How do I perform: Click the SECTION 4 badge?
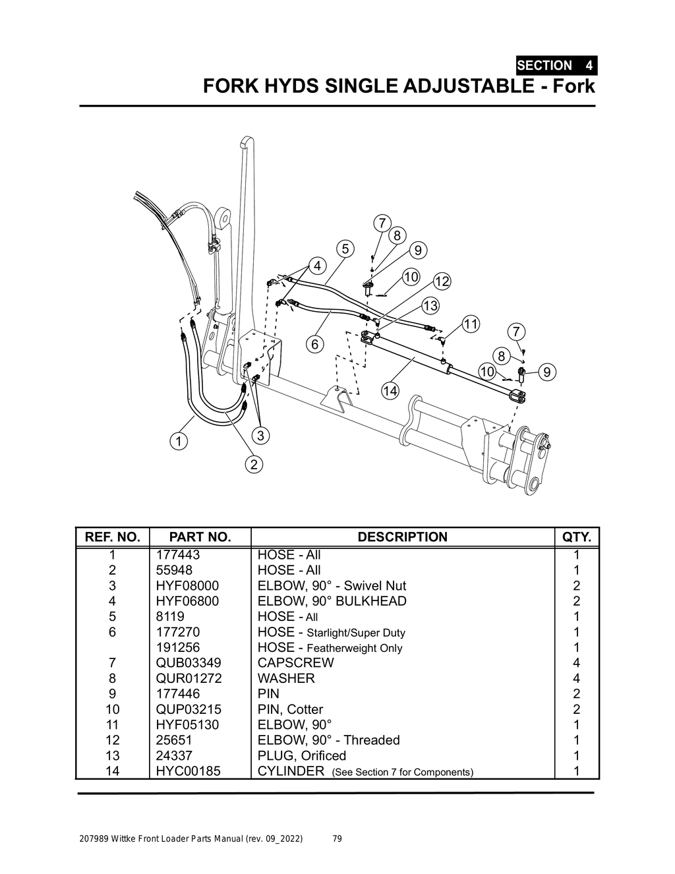[556, 65]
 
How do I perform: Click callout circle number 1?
[178, 440]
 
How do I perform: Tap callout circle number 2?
[254, 464]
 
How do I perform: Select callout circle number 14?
[390, 391]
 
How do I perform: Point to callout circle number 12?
[442, 281]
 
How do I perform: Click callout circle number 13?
[430, 306]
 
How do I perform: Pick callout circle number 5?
[345, 249]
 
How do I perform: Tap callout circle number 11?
[471, 324]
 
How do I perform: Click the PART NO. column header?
[200, 537]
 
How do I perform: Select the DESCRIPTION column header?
[402, 537]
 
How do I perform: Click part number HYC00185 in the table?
[188, 771]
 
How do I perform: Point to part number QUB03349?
[188, 663]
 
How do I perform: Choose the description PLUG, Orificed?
[301, 756]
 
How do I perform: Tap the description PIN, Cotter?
[290, 710]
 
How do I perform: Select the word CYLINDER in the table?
[291, 771]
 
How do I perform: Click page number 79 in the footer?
[337, 839]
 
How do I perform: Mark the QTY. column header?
[577, 537]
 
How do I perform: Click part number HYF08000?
[187, 586]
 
